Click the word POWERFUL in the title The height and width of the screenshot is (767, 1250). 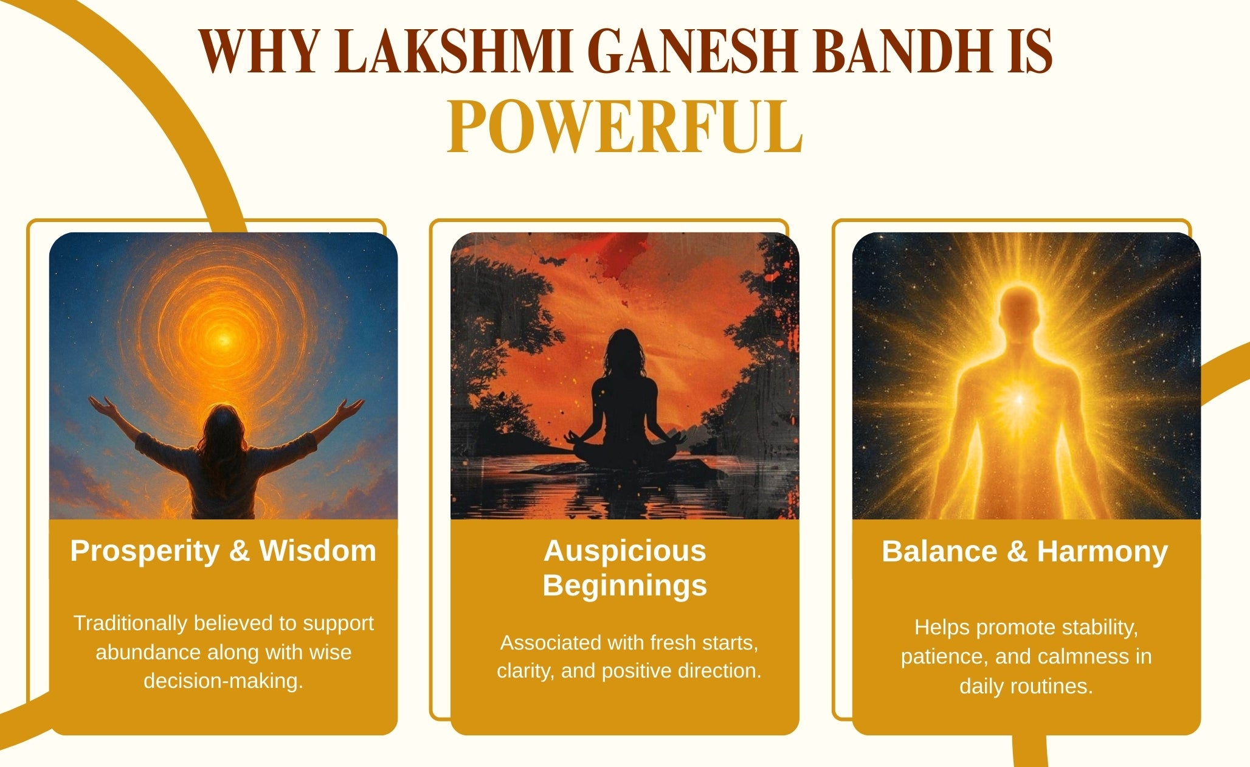625,127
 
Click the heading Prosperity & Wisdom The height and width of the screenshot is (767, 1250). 223,551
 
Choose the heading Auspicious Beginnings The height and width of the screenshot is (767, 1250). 625,568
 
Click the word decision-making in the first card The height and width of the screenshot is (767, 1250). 223,681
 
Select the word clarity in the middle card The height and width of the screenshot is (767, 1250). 525,671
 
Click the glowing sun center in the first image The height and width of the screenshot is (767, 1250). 223,338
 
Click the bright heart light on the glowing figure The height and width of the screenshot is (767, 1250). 1020,399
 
